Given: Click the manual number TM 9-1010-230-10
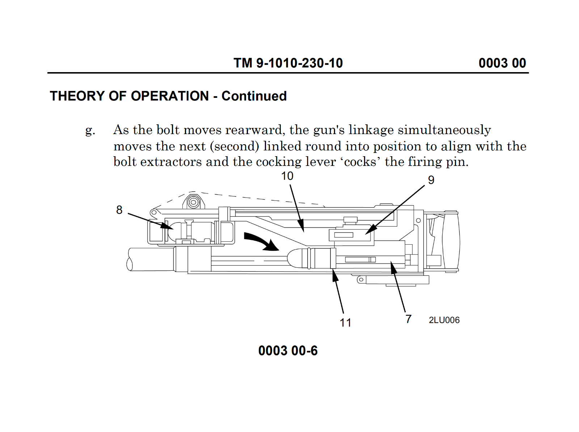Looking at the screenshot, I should (x=288, y=63).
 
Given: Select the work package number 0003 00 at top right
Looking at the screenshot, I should (x=502, y=63).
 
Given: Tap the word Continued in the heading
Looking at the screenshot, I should (x=254, y=96).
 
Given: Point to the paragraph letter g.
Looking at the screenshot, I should (x=90, y=130).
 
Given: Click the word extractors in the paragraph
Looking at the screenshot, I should (x=171, y=162).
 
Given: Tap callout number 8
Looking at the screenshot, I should (x=119, y=210).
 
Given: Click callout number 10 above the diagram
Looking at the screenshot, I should (x=287, y=176).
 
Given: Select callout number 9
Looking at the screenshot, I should (x=431, y=180).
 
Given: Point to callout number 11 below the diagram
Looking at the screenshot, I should (x=345, y=323).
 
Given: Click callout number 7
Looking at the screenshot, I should (x=408, y=319).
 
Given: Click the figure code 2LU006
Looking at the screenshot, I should (x=444, y=320).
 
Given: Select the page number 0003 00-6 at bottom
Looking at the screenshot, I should (x=288, y=351).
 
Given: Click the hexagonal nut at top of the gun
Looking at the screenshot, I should (x=194, y=202).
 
